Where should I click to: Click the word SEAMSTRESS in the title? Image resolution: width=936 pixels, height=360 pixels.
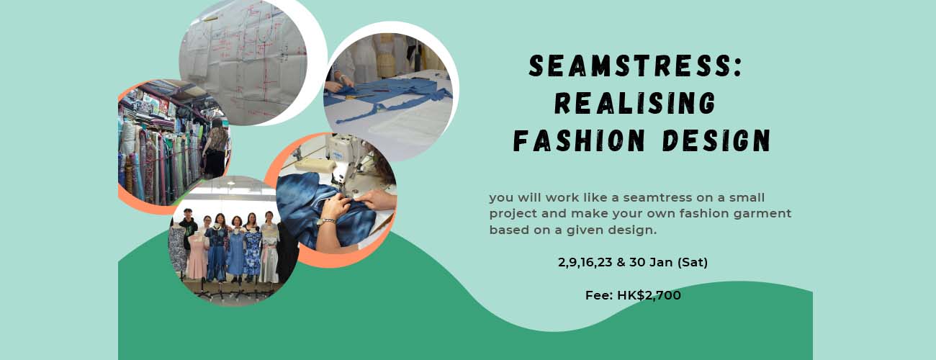(x=629, y=66)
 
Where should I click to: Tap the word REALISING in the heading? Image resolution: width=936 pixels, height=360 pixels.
(x=635, y=103)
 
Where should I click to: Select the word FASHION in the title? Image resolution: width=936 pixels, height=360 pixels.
(x=579, y=140)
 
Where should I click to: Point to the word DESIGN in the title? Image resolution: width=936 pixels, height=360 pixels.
(x=716, y=140)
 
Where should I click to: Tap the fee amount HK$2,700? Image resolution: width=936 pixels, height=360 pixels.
(x=649, y=295)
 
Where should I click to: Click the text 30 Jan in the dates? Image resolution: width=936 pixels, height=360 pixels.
(x=651, y=262)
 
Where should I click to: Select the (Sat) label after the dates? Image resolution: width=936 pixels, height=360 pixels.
(x=693, y=262)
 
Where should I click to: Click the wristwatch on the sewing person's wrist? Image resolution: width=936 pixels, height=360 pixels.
(x=326, y=221)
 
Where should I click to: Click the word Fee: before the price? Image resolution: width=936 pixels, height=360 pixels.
(x=599, y=295)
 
